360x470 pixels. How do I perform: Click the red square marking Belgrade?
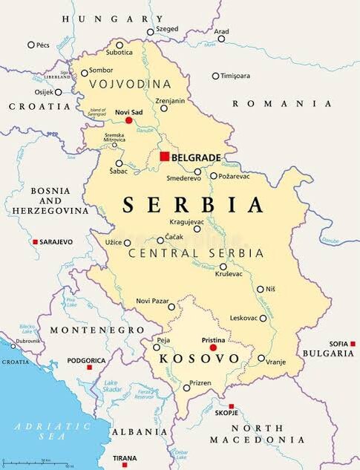pos(164,157)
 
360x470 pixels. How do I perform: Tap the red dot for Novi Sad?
pos(128,120)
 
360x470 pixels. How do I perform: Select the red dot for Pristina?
pos(213,347)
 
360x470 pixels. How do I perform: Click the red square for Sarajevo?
pos(35,242)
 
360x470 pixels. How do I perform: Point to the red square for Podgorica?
pos(89,368)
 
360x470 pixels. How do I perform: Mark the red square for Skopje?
pos(231,406)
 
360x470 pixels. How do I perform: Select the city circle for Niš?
pos(261,289)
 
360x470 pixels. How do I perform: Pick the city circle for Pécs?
pos(31,45)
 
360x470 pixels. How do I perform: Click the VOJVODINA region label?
pos(129,84)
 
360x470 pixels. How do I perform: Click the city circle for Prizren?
pos(186,388)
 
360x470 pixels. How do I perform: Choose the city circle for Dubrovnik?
pos(13,345)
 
